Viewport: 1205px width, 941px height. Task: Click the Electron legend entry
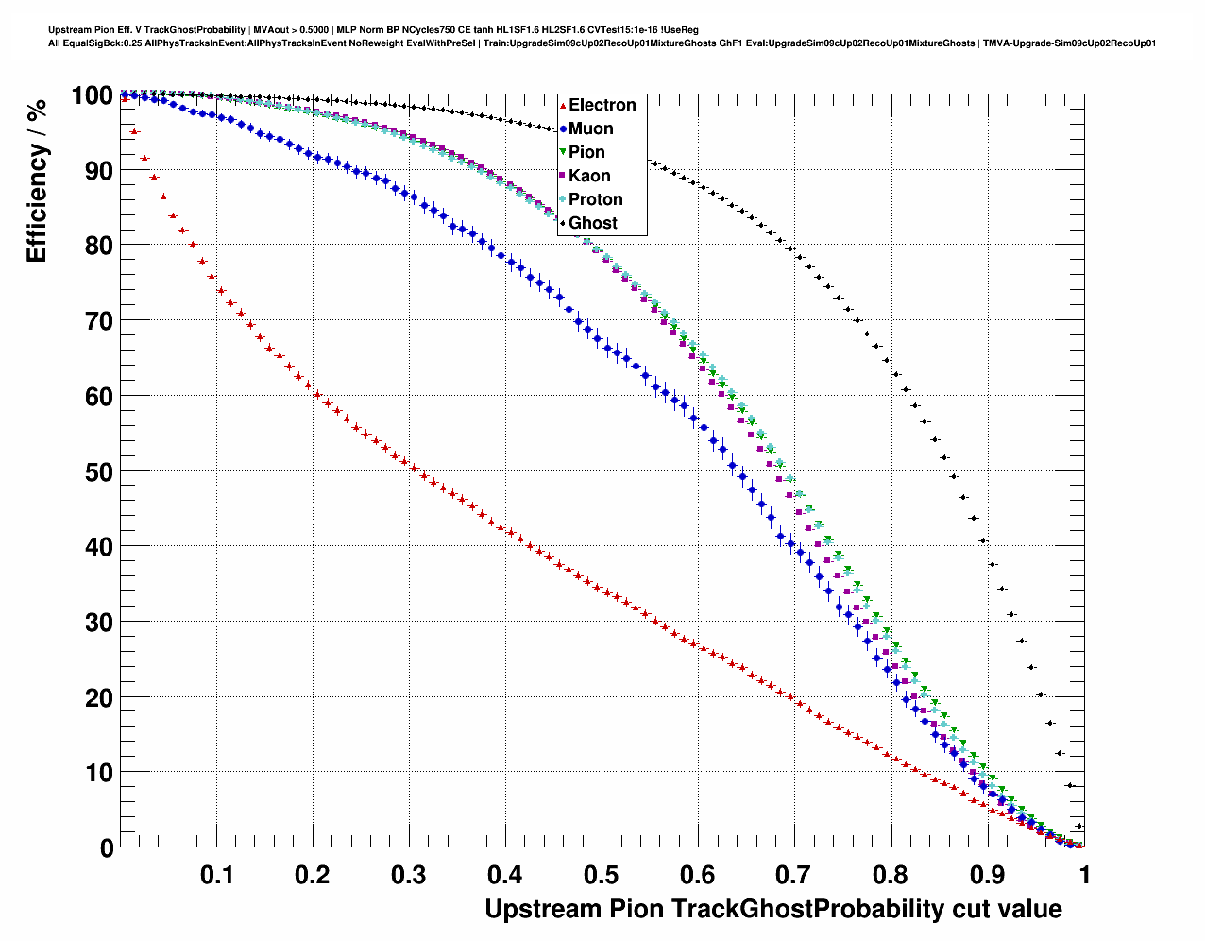602,105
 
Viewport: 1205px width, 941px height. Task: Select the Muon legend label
590,128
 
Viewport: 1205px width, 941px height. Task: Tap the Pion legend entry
586,152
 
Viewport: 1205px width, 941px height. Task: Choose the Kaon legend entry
589,176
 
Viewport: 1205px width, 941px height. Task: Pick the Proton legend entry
595,199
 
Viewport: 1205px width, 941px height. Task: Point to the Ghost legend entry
592,223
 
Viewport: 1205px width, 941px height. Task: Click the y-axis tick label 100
92,95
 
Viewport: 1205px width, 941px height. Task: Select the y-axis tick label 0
107,848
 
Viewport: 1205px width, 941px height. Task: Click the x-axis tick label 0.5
602,875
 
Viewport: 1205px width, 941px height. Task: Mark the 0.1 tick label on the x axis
217,875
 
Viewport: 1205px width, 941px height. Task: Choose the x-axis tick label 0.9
987,875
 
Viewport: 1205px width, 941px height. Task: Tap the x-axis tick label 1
1084,875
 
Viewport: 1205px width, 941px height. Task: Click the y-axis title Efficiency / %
37,180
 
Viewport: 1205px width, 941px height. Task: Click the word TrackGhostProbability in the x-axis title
806,909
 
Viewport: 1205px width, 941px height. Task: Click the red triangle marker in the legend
563,106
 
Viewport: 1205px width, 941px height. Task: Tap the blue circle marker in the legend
563,129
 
